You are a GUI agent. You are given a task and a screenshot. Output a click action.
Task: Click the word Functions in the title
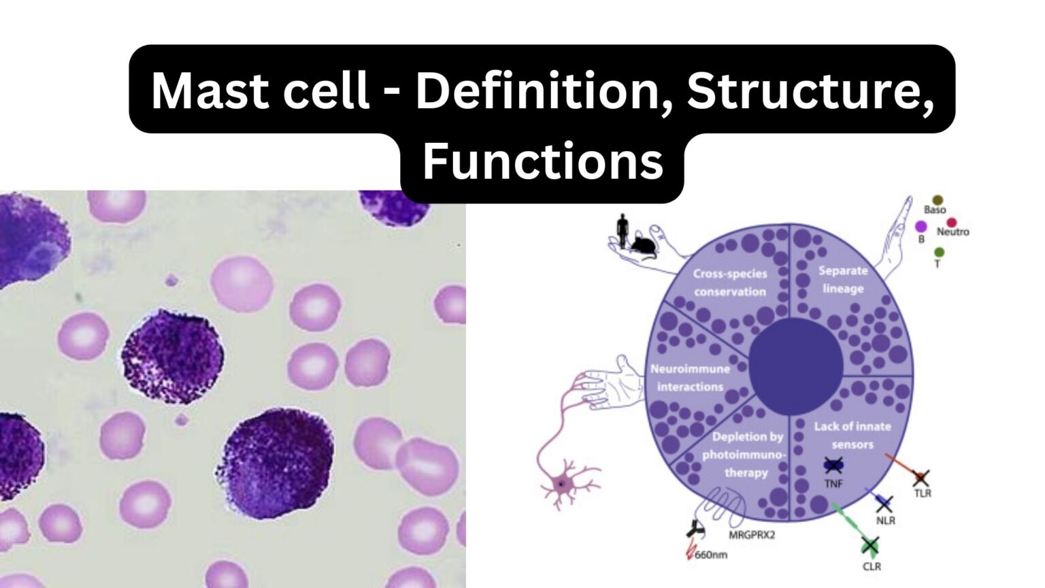click(542, 162)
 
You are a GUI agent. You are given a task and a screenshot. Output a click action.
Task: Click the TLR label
click(923, 493)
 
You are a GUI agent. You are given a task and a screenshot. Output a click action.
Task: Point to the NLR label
click(886, 521)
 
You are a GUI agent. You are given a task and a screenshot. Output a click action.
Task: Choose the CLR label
click(872, 566)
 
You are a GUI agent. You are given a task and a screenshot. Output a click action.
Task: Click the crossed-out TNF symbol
click(833, 466)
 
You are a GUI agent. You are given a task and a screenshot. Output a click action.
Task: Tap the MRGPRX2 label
click(752, 535)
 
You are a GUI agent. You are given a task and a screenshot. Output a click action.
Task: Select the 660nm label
click(711, 555)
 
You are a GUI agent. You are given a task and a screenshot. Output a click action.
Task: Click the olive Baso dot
click(938, 200)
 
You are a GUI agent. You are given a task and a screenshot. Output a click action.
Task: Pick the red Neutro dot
click(951, 223)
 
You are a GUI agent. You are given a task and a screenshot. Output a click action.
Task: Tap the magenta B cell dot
click(921, 226)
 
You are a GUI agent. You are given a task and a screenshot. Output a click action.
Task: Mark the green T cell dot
click(940, 252)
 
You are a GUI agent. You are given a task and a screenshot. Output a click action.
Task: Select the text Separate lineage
click(843, 279)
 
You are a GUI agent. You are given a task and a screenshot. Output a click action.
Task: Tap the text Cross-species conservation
click(730, 282)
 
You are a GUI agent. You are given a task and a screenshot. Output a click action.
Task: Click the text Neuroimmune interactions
click(690, 378)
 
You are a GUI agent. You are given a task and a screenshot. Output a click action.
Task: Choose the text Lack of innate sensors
click(852, 435)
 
